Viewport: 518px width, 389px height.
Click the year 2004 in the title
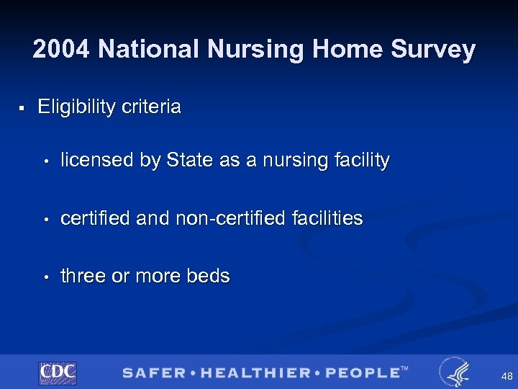(62, 50)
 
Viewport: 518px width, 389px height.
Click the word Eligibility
(76, 107)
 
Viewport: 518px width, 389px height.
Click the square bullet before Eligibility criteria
(22, 108)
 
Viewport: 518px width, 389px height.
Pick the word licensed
(97, 160)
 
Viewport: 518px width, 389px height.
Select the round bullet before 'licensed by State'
(45, 161)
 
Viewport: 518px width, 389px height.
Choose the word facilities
(327, 218)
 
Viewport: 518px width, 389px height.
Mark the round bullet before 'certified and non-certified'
(45, 219)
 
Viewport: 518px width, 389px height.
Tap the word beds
(208, 276)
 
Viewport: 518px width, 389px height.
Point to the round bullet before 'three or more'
(45, 277)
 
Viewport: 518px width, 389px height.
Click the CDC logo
(58, 372)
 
